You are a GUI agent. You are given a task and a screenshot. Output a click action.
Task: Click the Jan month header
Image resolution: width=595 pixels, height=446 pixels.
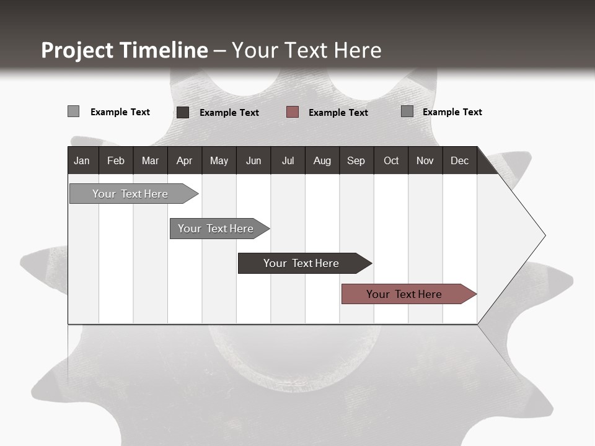82,160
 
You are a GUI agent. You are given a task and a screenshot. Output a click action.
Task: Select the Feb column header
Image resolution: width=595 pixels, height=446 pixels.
116,160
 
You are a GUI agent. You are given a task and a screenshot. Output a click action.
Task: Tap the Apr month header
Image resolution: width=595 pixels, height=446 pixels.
184,160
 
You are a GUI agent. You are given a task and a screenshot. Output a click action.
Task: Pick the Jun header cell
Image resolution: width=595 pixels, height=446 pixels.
253,160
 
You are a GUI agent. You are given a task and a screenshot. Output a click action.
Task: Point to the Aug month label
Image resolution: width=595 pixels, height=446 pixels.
322,160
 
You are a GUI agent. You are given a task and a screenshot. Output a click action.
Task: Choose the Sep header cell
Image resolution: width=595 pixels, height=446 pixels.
356,160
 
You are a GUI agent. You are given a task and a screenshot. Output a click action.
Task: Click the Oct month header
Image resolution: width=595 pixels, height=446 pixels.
391,160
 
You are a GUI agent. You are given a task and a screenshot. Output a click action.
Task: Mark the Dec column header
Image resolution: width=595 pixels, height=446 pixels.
459,160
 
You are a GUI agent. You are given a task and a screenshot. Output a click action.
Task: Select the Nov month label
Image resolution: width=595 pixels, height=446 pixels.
425,160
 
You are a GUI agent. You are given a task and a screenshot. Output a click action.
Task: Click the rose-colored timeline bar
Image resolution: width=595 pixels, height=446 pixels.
404,294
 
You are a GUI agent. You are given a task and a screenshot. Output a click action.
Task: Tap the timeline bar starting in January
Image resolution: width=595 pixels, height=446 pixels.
130,194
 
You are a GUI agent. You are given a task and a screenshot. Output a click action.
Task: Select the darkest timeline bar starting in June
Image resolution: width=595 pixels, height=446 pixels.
301,263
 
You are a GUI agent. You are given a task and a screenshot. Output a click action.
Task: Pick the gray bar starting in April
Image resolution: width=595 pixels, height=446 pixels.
216,229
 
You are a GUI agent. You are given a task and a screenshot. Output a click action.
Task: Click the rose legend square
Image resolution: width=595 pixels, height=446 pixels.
293,112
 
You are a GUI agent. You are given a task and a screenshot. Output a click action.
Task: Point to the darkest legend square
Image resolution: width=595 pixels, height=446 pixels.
183,112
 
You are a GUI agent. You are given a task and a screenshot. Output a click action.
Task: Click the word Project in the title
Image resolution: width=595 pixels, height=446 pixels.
77,50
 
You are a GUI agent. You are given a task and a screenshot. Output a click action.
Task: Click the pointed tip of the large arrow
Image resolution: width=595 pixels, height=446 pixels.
544,235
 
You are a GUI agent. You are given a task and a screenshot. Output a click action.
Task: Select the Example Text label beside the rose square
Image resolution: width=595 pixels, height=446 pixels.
338,113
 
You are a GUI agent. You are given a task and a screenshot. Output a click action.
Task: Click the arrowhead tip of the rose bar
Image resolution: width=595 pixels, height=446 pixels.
475,294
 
